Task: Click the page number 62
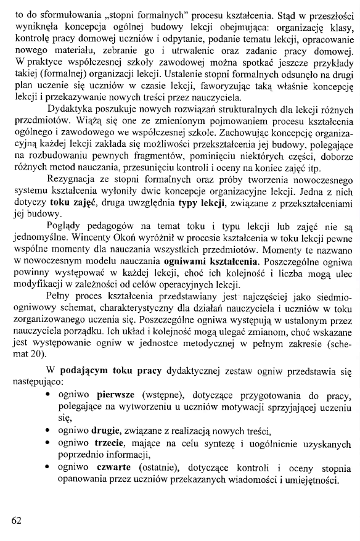[x=17, y=519]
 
